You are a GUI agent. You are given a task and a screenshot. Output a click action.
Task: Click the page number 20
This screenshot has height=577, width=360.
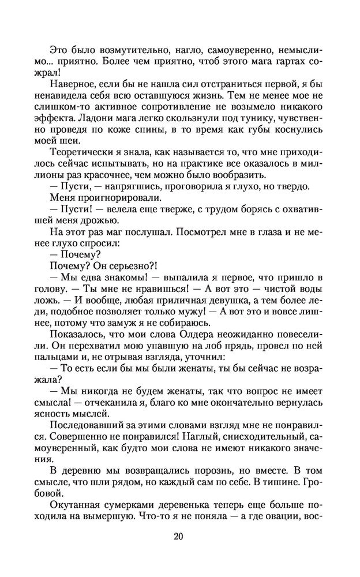point(178,537)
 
